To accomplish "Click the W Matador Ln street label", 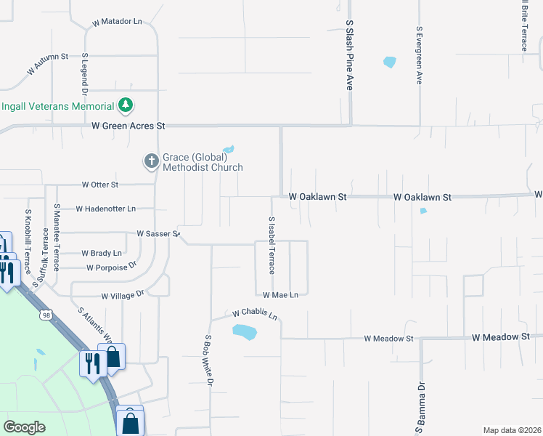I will coord(117,23).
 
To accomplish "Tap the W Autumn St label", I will coord(47,63).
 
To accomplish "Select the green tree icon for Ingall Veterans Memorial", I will coord(126,105).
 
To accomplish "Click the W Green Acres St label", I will coord(128,126).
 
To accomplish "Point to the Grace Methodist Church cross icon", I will coord(151,161).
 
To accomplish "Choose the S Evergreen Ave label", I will coord(419,57).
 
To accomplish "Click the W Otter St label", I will coord(100,185).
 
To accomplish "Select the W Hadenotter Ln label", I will coord(105,209).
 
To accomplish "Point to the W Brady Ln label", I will coord(102,253).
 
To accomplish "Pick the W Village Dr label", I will coord(123,295).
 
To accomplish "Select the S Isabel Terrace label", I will coord(271,245).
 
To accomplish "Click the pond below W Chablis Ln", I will coord(245,332).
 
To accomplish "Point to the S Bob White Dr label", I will coord(209,360).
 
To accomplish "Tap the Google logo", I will coord(25,427).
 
